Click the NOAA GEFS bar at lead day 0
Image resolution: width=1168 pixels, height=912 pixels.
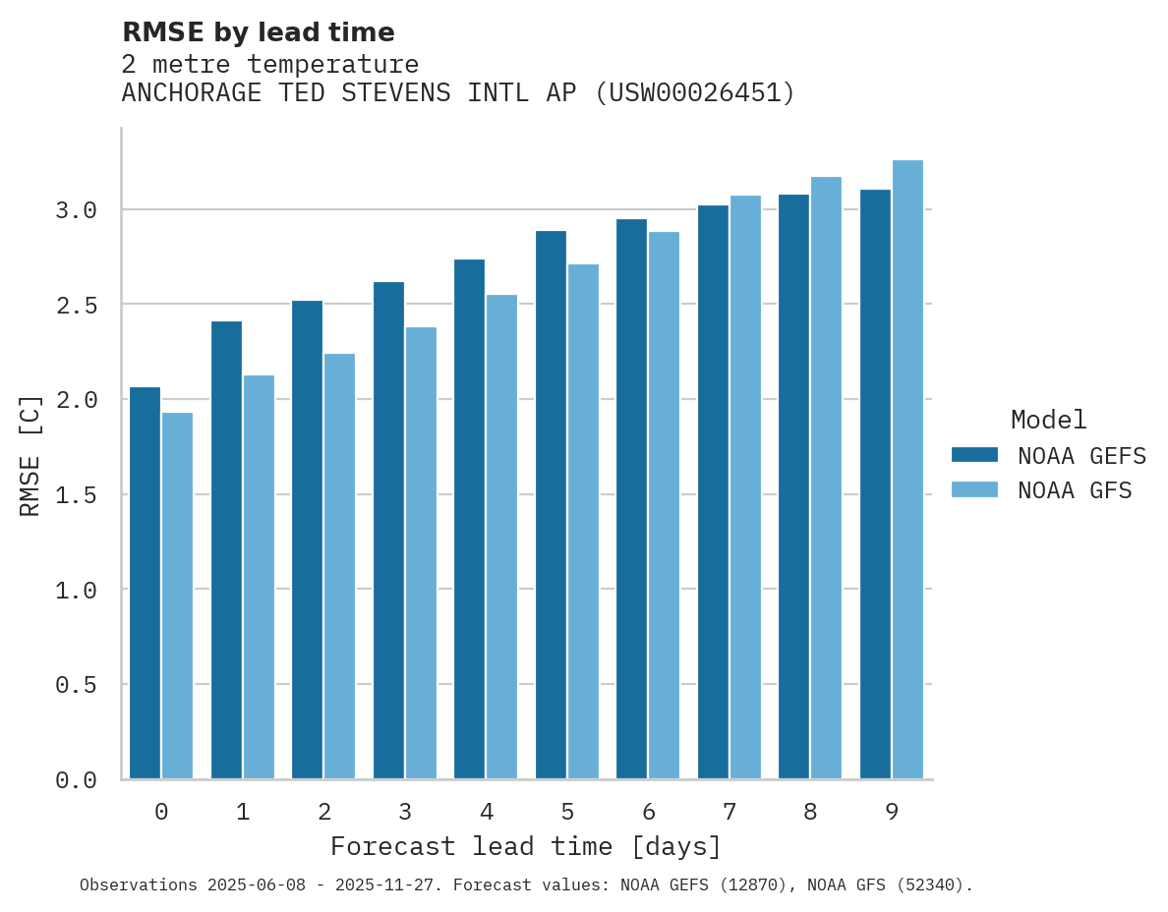(145, 583)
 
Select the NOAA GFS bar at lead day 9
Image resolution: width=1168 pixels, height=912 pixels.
(907, 469)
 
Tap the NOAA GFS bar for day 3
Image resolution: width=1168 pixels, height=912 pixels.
(421, 552)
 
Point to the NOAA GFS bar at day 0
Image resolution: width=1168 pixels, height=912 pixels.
(177, 596)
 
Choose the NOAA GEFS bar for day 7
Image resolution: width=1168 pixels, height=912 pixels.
(713, 491)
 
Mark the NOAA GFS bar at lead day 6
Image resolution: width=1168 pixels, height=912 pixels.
(664, 505)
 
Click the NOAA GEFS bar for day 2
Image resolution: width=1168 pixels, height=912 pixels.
(307, 540)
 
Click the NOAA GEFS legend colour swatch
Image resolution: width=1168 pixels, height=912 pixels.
(974, 455)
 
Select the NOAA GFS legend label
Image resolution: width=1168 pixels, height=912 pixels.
(1075, 490)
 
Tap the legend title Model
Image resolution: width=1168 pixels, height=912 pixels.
(1048, 421)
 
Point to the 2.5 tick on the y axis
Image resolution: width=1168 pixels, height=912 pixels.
(76, 306)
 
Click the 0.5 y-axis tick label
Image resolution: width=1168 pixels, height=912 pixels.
(76, 685)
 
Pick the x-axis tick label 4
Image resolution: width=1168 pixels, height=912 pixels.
(487, 813)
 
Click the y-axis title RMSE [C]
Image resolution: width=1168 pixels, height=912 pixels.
(30, 455)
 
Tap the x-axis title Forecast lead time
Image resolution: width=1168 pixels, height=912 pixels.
(526, 847)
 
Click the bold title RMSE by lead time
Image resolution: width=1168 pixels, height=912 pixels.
(259, 32)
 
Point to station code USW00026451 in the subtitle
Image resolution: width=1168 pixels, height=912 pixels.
(695, 93)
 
